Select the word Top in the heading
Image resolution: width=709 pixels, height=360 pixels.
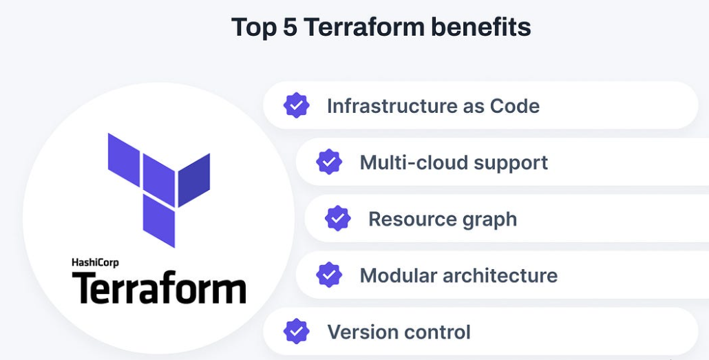tap(248, 28)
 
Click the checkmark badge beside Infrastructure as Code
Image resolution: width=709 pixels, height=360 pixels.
tap(296, 105)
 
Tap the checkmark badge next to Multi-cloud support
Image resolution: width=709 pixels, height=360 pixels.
tap(329, 162)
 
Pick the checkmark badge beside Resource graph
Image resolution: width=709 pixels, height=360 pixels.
tap(337, 218)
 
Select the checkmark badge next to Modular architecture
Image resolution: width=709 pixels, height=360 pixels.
tap(329, 275)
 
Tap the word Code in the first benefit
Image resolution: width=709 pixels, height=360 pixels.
tap(514, 106)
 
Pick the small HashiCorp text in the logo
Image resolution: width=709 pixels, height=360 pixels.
tap(95, 262)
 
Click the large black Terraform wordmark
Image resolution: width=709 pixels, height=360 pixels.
tap(159, 288)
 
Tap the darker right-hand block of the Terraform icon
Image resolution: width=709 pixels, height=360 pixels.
tap(194, 179)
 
